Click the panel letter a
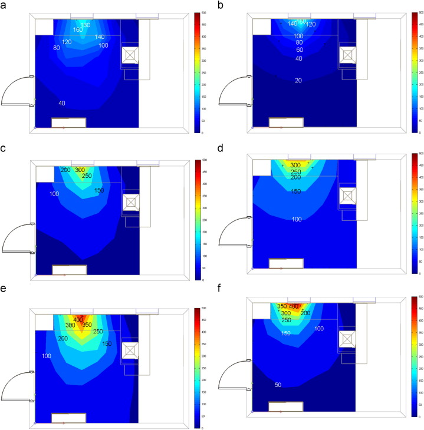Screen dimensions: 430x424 coord(5,5)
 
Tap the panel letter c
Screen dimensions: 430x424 coord(5,150)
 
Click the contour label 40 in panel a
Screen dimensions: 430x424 coord(62,104)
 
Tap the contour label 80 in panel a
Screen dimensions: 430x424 coord(57,48)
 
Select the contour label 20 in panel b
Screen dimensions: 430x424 coord(299,80)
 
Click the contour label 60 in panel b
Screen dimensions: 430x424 coord(299,50)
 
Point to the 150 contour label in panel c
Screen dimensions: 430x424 coord(99,190)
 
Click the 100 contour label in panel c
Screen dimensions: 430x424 coord(54,194)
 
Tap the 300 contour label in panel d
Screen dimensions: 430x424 coord(296,165)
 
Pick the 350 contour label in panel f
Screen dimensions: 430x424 coord(282,306)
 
